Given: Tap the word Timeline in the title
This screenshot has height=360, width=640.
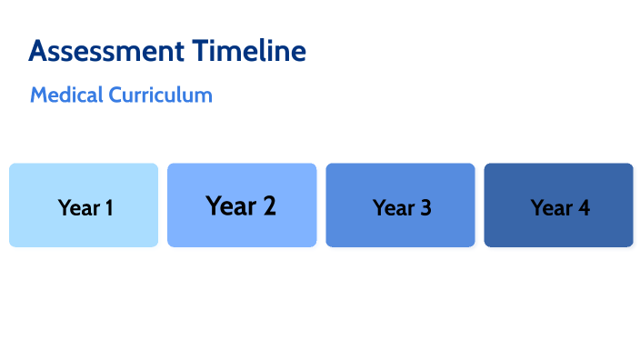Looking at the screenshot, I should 249,51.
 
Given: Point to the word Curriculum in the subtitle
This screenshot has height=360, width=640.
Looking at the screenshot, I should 160,95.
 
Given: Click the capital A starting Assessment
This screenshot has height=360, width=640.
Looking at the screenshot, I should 38,51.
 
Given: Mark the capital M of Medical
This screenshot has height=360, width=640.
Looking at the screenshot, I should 38,95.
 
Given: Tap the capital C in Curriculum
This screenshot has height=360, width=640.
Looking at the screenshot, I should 115,95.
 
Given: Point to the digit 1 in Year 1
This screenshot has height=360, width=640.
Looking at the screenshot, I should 108,208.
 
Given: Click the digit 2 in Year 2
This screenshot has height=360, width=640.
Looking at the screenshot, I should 269,206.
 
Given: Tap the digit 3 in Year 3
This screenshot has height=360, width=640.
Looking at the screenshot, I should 425,208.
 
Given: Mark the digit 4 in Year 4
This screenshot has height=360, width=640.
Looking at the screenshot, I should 584,208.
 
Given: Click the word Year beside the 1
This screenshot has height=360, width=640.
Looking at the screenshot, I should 77,208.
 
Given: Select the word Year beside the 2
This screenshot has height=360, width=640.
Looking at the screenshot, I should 231,206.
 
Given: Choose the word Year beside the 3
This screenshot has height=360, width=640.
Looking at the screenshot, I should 393,208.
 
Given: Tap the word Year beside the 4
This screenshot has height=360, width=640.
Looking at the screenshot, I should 551,208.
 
